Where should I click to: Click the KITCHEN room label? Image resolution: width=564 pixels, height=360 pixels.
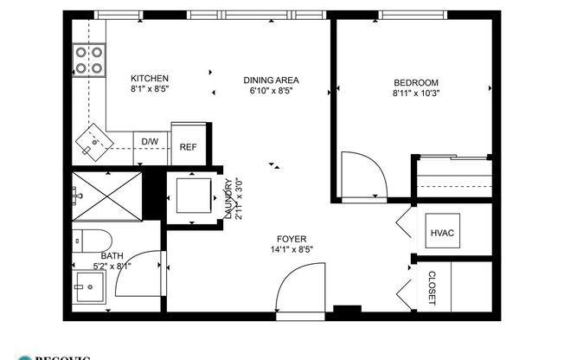point(149,78)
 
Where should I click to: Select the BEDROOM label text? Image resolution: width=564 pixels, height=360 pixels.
point(415,83)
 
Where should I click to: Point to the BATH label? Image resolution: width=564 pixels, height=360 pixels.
point(112,255)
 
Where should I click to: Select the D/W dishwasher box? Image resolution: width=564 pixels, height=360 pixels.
point(150,141)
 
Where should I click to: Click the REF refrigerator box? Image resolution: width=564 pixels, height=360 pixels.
point(188,147)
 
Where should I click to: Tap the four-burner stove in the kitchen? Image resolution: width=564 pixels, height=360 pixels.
point(88,60)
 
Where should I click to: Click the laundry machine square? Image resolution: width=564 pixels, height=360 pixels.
point(191,196)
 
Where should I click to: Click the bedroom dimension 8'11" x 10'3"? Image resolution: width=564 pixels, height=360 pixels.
point(416,93)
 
